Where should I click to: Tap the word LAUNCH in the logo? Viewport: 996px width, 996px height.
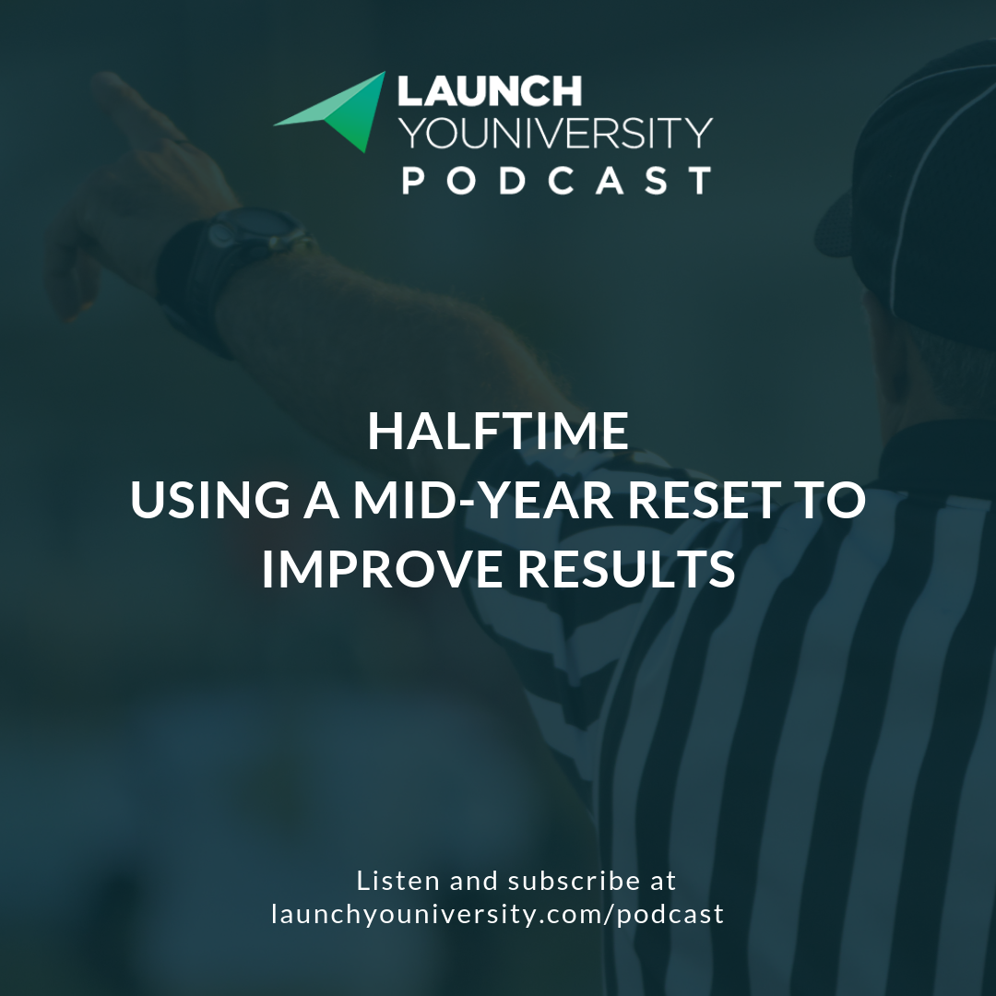click(490, 91)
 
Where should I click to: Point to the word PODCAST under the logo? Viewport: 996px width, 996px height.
click(556, 179)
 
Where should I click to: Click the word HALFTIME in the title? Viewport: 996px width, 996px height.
click(498, 432)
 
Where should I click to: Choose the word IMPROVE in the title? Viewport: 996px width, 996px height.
click(381, 570)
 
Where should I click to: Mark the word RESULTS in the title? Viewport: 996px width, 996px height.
click(626, 570)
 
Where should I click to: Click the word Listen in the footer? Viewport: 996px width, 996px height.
click(397, 881)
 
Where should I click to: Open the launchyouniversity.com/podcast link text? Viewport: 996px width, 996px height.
click(498, 915)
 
